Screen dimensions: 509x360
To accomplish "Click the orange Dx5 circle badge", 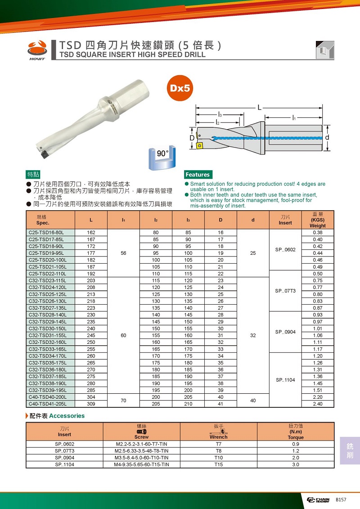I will coord(180,88).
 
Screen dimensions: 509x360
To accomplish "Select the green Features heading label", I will coord(198,175).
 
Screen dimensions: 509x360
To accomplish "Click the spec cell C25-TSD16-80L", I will coord(46,233).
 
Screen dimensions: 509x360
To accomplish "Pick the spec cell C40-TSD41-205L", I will coord(47,404).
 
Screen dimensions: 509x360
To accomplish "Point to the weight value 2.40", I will coord(317,404).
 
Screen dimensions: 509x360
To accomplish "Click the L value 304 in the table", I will coord(91,397).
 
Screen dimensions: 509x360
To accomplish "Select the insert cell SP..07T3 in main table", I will coord(285,291).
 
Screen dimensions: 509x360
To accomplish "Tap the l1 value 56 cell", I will coord(123,253).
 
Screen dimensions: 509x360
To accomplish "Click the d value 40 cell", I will coord(253,401).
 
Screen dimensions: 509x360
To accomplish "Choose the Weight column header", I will coord(317,220).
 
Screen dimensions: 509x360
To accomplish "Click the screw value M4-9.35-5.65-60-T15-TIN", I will coord(142,464).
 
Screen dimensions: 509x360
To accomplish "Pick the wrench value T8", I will coord(219,450).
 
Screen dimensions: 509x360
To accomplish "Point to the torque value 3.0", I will coord(296,464).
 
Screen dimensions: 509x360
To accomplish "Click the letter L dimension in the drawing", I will coord(260,108).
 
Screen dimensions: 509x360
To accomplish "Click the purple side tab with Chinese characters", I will coord(350,450).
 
